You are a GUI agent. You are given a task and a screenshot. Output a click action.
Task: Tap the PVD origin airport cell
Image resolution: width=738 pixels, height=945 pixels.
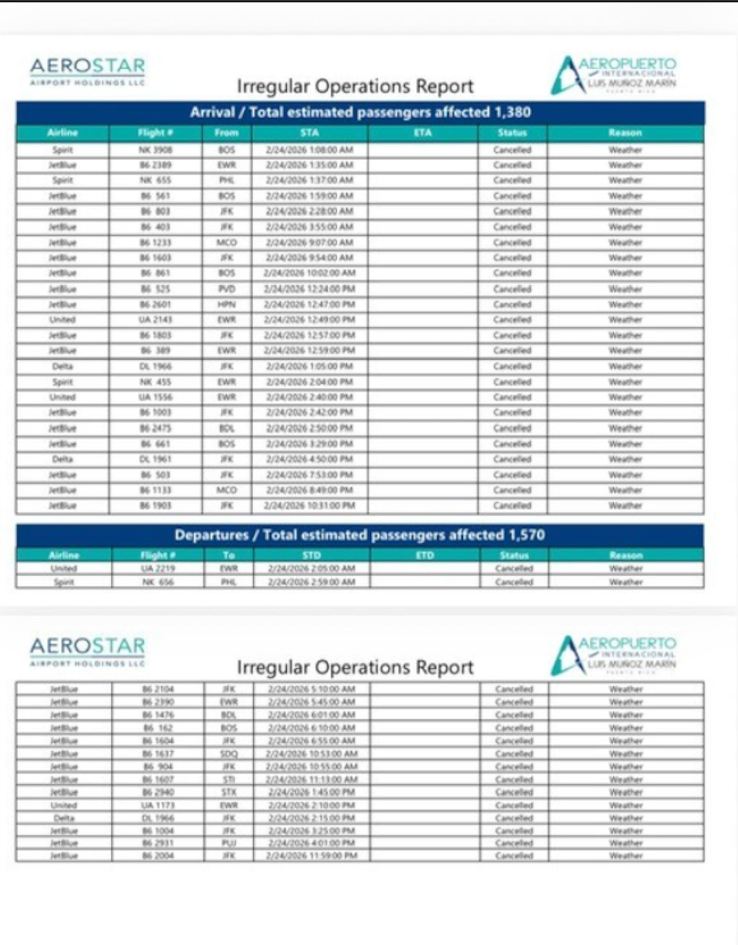(x=227, y=289)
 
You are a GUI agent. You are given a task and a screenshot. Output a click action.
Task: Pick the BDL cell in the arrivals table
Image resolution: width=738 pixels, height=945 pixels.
(x=227, y=428)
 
